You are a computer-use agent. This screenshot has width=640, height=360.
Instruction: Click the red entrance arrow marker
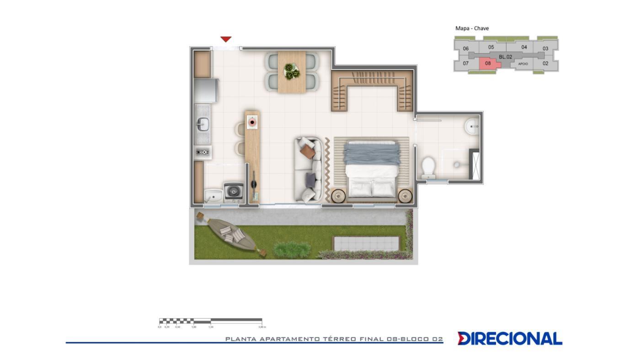click(x=226, y=39)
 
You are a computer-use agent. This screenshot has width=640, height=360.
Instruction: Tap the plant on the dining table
click(x=291, y=71)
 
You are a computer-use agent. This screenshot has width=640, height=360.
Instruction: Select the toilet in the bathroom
click(x=428, y=167)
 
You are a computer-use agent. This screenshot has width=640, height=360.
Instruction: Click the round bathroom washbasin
click(x=472, y=126)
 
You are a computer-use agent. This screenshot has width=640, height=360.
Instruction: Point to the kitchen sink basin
click(x=203, y=124)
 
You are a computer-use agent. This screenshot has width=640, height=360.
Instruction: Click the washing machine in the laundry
click(x=233, y=192)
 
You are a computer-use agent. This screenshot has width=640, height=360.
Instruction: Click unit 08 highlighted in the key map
click(x=489, y=64)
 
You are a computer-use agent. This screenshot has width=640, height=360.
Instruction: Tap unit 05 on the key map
click(x=491, y=47)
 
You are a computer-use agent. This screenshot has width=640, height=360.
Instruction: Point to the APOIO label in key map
click(x=523, y=64)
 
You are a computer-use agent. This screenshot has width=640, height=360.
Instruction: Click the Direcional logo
click(x=510, y=339)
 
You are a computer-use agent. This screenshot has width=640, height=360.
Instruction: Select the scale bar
click(x=210, y=321)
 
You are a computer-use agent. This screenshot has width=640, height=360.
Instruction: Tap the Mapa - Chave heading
click(x=472, y=28)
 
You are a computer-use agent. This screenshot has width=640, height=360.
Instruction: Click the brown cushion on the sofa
click(x=307, y=152)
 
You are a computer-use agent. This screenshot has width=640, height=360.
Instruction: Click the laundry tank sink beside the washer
click(x=213, y=196)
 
